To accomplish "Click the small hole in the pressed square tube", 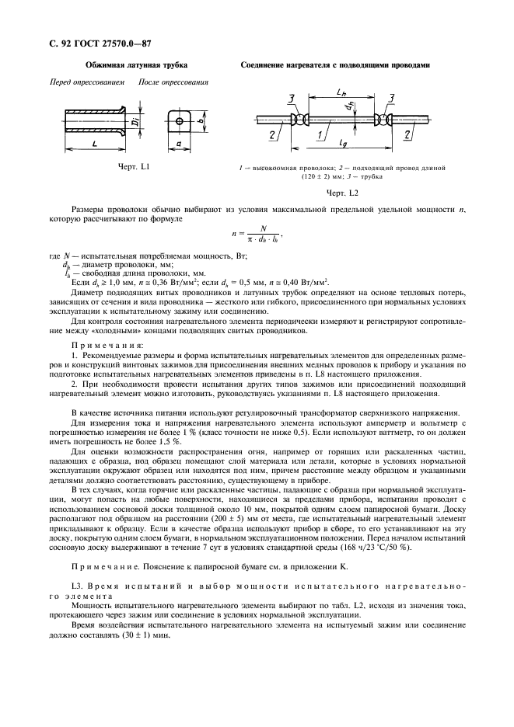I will tap(180, 121).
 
